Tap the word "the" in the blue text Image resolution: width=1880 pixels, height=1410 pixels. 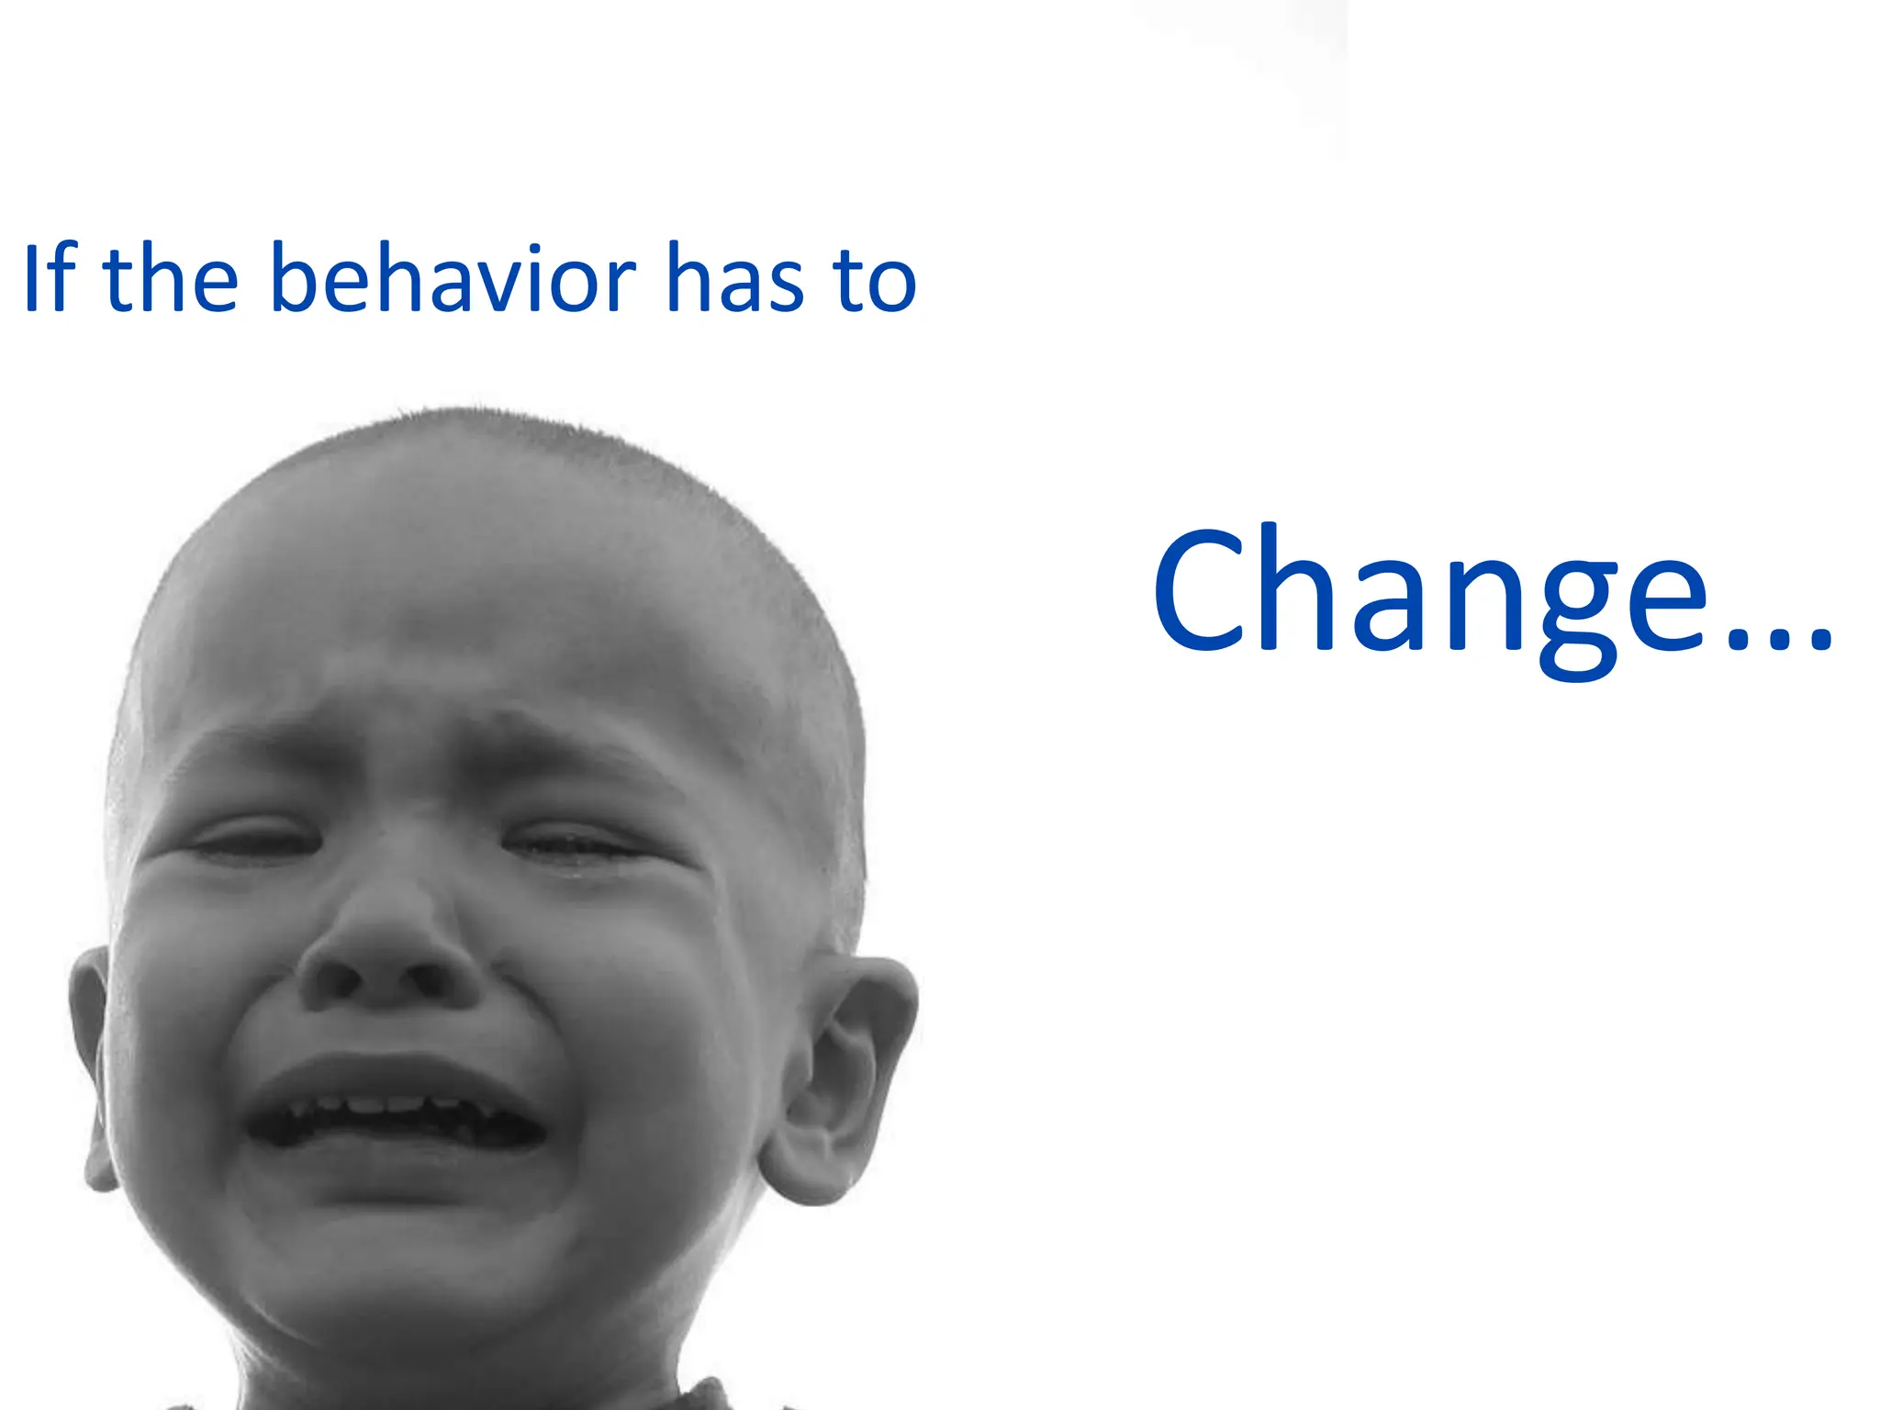coord(171,277)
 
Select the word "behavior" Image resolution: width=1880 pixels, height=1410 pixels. coord(453,277)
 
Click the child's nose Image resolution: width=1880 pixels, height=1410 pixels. coord(390,955)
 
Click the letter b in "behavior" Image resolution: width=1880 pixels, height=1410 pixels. coord(296,277)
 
